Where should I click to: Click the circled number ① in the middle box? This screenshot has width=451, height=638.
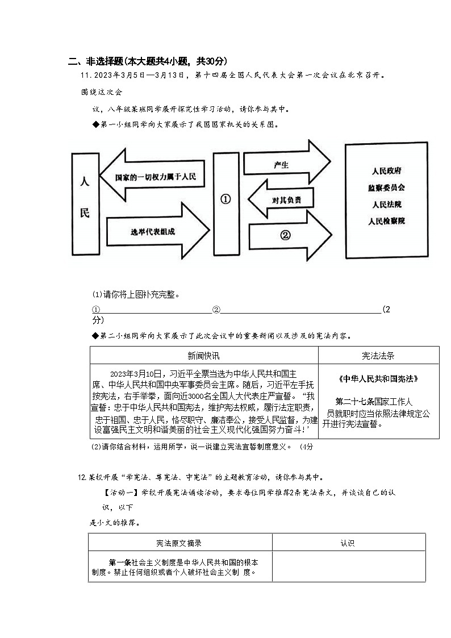click(225, 199)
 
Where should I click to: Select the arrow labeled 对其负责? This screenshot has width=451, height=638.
click(282, 200)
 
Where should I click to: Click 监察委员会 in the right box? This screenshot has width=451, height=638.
click(386, 187)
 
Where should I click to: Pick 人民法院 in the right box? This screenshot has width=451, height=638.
click(386, 204)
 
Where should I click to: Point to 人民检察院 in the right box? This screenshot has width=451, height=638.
click(386, 221)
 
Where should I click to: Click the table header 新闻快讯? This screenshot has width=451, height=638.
click(203, 356)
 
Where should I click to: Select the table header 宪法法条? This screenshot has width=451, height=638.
click(378, 356)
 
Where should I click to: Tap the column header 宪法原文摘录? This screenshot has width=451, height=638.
click(179, 543)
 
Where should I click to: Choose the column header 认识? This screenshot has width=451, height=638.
click(348, 543)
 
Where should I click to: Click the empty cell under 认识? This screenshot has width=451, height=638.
click(348, 566)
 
